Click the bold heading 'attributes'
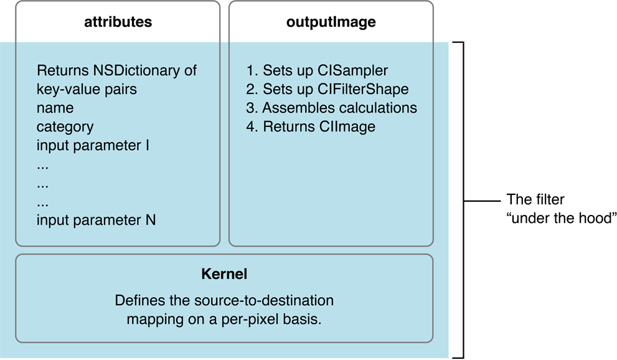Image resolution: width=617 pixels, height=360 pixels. coord(118,22)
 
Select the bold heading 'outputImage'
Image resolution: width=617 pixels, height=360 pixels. coord(331,22)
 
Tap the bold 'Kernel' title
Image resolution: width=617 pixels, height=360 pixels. coord(224,274)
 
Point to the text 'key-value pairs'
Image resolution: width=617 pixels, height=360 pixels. coord(87,89)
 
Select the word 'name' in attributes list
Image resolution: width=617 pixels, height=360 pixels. coord(55,108)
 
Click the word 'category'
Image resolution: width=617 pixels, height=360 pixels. coord(65,127)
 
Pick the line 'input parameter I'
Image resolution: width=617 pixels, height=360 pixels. coord(93,146)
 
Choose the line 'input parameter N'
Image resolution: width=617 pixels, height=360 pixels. coord(96,220)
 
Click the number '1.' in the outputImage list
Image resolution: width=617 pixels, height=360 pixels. coord(252,70)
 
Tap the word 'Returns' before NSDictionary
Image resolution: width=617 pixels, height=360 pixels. coord(63,70)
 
